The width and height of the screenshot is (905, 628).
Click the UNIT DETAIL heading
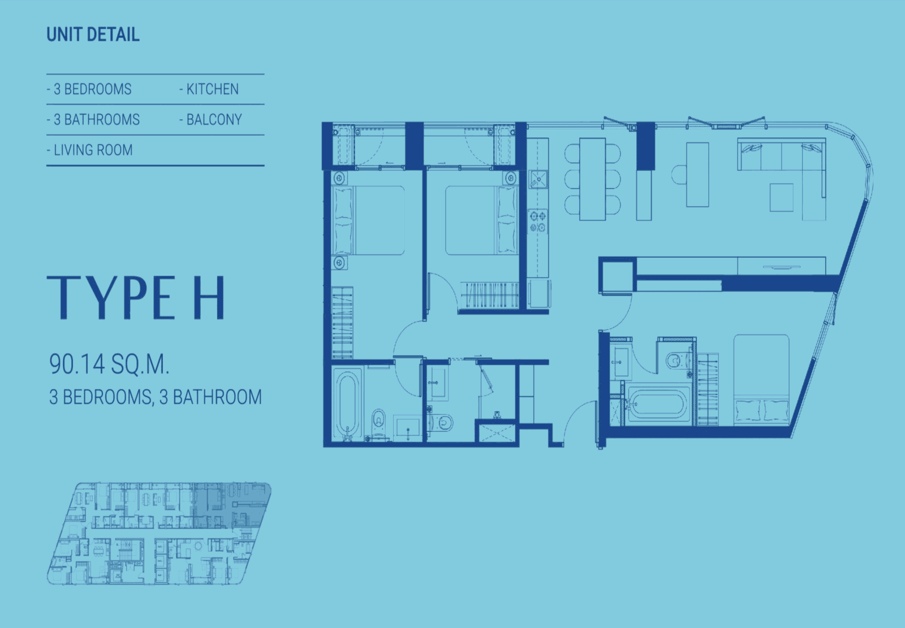pyautogui.click(x=93, y=34)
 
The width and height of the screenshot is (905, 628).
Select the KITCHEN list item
pyautogui.click(x=209, y=89)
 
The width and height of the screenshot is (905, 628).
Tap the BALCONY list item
pyautogui.click(x=210, y=119)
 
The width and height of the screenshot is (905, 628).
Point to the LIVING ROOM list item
pyautogui.click(x=90, y=150)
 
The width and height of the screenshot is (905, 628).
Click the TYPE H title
pyautogui.click(x=136, y=298)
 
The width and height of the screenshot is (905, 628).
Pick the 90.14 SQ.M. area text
pyautogui.click(x=109, y=364)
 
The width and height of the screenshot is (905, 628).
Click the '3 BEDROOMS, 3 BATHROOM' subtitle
pyautogui.click(x=156, y=397)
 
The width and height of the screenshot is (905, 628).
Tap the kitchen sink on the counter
pyautogui.click(x=538, y=179)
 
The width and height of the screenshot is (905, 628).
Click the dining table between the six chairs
pyautogui.click(x=592, y=179)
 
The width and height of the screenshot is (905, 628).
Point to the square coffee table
pyautogui.click(x=781, y=197)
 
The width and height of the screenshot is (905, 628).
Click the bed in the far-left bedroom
pyautogui.click(x=368, y=220)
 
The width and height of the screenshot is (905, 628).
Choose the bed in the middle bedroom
pyautogui.click(x=481, y=220)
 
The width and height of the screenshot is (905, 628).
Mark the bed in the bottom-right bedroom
pyautogui.click(x=761, y=379)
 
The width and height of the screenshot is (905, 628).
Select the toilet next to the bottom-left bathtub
pyautogui.click(x=378, y=422)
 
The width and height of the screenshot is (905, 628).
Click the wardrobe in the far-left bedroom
pyautogui.click(x=342, y=323)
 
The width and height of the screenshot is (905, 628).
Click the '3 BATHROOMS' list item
pyautogui.click(x=93, y=119)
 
